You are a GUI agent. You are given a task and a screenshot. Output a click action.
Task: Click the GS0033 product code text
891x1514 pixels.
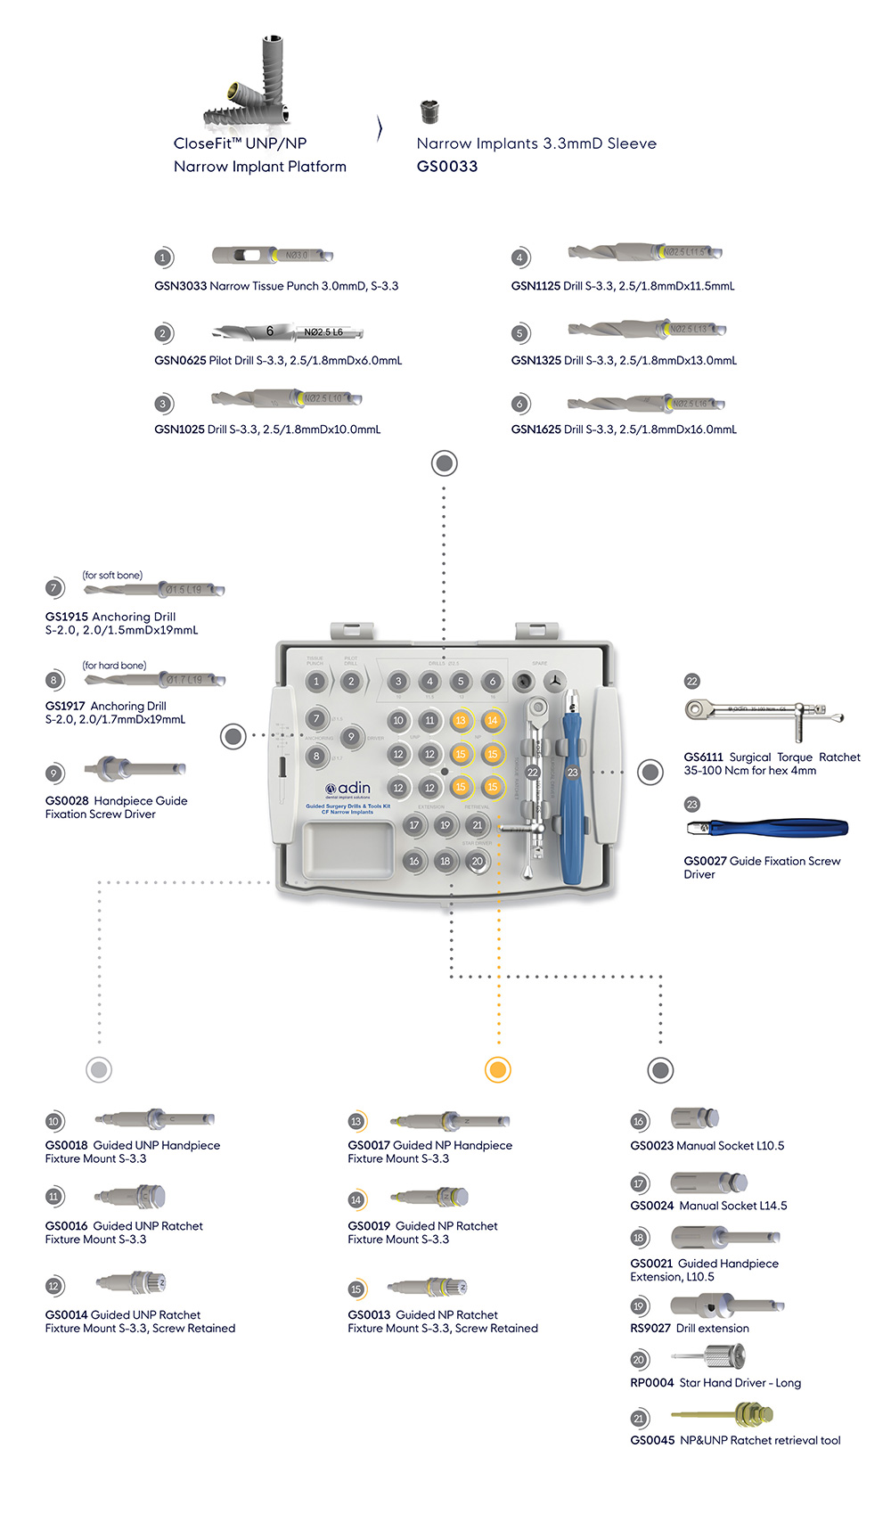click(x=446, y=167)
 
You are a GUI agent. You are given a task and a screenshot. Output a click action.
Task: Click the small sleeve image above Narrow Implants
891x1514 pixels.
click(x=429, y=112)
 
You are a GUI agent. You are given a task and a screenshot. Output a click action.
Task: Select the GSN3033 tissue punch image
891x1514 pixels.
click(x=272, y=256)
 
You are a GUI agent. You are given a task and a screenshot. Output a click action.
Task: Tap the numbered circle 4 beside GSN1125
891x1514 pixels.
click(x=519, y=258)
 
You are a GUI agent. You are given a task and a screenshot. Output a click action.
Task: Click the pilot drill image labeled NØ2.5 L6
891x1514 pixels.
click(x=288, y=331)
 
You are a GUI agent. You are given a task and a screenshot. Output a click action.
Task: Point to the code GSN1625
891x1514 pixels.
click(x=535, y=430)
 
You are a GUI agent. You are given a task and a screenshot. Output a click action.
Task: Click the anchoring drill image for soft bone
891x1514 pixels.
click(x=157, y=589)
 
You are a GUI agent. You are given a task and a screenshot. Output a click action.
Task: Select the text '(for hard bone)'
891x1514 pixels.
click(x=114, y=666)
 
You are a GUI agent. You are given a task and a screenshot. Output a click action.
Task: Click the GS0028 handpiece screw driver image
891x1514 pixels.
click(x=135, y=768)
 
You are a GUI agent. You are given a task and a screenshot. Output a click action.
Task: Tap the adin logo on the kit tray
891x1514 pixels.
click(x=348, y=788)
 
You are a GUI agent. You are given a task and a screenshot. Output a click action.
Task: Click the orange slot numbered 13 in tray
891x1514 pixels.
click(x=460, y=720)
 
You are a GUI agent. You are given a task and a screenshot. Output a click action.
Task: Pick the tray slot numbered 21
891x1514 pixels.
click(x=477, y=825)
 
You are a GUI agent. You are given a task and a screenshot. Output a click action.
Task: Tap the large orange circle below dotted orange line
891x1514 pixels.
click(x=497, y=1069)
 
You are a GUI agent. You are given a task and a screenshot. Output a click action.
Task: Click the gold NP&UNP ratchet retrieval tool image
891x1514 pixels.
click(x=723, y=1413)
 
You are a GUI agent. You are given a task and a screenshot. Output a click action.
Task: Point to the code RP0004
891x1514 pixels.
click(x=652, y=1383)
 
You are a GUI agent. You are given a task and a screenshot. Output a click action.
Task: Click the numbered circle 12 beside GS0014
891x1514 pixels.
click(x=53, y=1286)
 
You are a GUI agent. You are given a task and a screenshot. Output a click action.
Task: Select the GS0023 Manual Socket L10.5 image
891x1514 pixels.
click(x=694, y=1118)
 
